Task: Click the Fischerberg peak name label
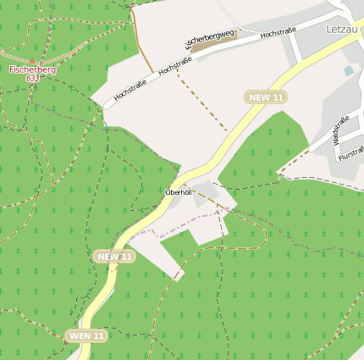click(x=33, y=69)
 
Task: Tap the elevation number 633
click(x=32, y=78)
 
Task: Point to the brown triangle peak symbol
click(x=32, y=60)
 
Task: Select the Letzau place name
click(x=344, y=29)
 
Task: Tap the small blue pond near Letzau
click(x=349, y=71)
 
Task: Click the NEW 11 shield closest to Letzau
click(x=265, y=97)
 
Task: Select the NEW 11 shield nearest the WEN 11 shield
click(x=114, y=257)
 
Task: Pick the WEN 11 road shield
click(x=87, y=336)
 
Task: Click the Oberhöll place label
click(x=179, y=193)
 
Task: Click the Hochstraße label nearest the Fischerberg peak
click(x=130, y=88)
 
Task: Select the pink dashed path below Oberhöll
click(x=186, y=222)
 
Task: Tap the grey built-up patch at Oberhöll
click(x=206, y=195)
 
